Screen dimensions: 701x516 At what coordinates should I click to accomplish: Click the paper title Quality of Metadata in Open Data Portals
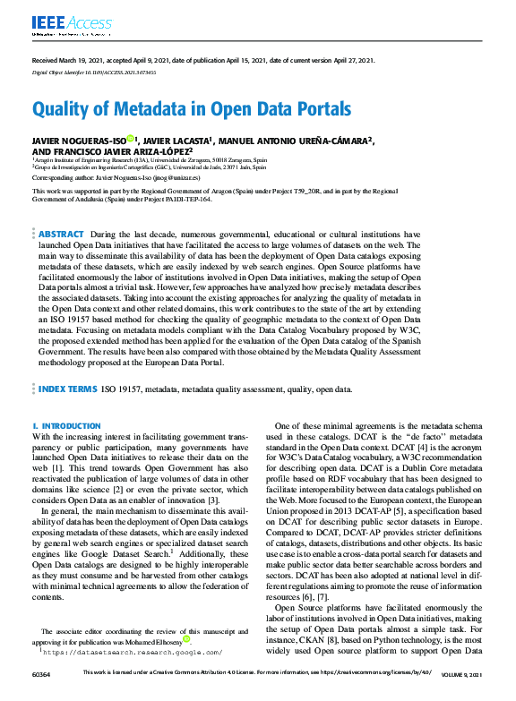tap(191, 109)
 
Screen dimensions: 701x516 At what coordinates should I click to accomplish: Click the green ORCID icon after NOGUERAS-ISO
tap(130, 140)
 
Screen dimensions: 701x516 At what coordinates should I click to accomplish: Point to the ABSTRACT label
tap(62, 233)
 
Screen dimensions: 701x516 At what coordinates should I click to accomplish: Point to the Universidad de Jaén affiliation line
tap(150, 167)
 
